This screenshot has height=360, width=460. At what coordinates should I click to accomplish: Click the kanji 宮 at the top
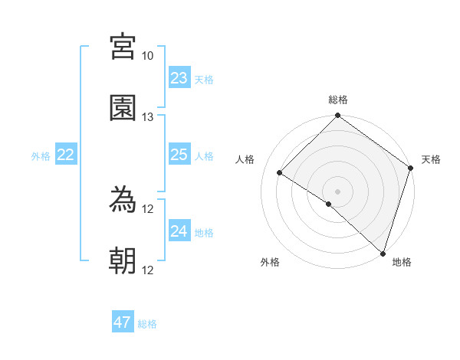point(123,47)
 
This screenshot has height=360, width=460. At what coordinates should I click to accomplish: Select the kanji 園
point(123,108)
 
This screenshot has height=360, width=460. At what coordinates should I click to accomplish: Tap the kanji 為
point(123,201)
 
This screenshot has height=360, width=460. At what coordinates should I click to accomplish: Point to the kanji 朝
point(123,261)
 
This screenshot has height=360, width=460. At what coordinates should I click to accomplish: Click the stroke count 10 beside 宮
point(148,56)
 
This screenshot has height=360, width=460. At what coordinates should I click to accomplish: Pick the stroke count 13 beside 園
point(148,116)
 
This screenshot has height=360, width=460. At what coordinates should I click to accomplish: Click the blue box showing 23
point(179,78)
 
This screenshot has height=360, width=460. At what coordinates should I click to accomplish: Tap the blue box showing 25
point(179,155)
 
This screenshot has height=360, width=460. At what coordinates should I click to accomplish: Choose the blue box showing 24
point(179,231)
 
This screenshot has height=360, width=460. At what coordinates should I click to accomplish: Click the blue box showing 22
point(66,155)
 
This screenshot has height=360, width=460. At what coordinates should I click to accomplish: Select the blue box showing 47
point(123,322)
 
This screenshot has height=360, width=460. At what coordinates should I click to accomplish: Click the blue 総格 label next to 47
point(148,324)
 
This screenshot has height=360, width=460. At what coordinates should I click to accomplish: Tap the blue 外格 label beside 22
point(41,156)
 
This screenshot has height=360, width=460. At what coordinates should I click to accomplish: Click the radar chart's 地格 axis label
point(402,262)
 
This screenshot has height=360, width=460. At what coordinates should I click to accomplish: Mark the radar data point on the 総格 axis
point(337,116)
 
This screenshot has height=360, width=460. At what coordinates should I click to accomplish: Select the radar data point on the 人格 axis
point(280,173)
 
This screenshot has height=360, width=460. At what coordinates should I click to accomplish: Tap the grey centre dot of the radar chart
point(337,191)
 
